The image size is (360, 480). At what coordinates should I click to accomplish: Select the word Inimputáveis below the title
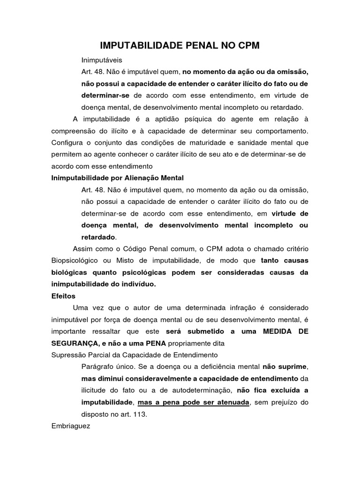click(x=101, y=60)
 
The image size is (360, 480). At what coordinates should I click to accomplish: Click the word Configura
click(x=68, y=142)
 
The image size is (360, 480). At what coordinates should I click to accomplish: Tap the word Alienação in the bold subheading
click(x=139, y=178)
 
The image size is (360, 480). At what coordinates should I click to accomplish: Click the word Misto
click(x=123, y=260)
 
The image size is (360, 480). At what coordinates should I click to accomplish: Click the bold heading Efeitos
click(x=63, y=296)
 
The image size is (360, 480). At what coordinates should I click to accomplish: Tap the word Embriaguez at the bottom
click(x=70, y=427)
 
